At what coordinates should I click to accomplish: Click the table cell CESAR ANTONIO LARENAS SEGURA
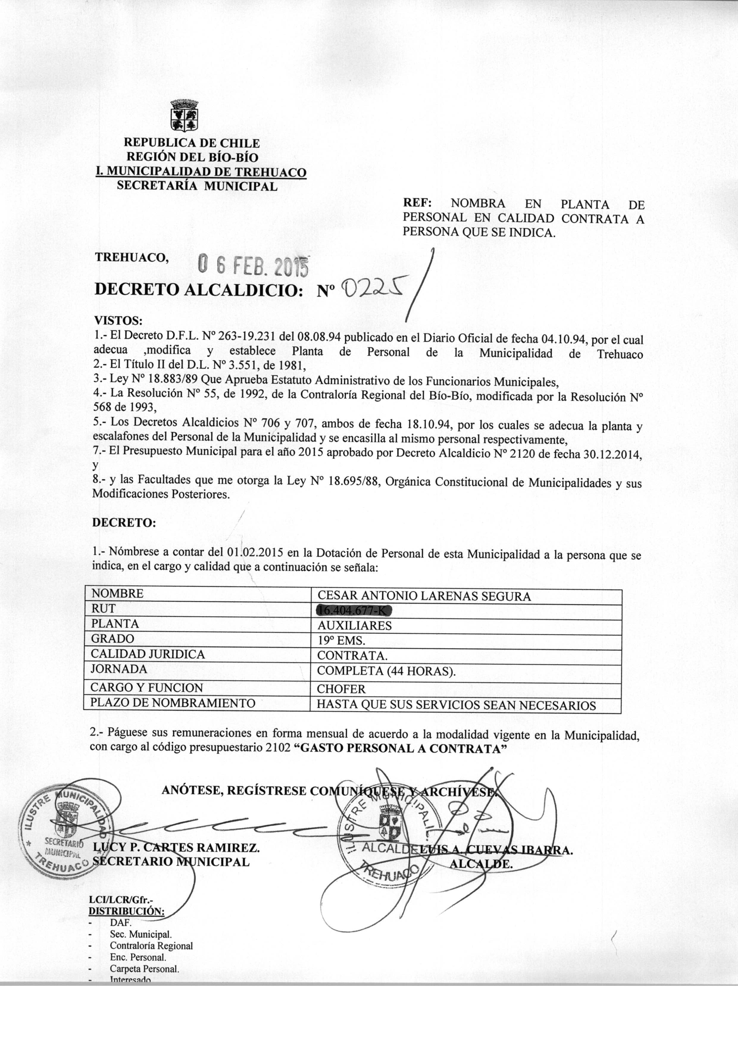[424, 596]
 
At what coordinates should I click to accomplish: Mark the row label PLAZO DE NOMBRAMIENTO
[173, 703]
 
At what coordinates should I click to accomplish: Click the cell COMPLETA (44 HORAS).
[386, 671]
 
